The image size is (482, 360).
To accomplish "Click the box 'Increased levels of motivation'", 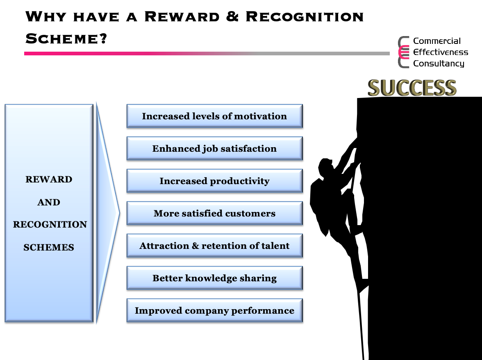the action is (215, 116).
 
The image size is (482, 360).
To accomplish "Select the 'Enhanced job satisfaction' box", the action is (215, 148).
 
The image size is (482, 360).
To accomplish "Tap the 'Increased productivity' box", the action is (215, 181).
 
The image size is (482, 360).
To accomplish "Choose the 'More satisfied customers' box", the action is (215, 213).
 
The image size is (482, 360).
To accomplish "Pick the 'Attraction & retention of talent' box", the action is (215, 246).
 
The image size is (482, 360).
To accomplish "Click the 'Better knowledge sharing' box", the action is (215, 278).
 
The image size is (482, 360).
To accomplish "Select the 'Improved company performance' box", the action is (215, 310).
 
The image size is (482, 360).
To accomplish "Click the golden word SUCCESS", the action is (412, 88).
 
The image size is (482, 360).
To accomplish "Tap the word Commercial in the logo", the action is (437, 41).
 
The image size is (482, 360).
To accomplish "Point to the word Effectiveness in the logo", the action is (441, 52).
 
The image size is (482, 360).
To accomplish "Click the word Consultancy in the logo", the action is (439, 64).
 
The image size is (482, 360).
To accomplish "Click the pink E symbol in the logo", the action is (404, 52).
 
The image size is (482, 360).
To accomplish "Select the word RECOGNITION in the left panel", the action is (50, 224).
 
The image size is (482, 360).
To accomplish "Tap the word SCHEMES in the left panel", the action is (49, 247).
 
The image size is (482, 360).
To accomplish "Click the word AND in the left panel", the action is (49, 202).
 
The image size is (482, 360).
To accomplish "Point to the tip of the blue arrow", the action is (119, 213).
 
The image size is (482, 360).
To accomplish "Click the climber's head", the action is (326, 166).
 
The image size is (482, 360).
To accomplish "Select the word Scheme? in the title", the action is (66, 39).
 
